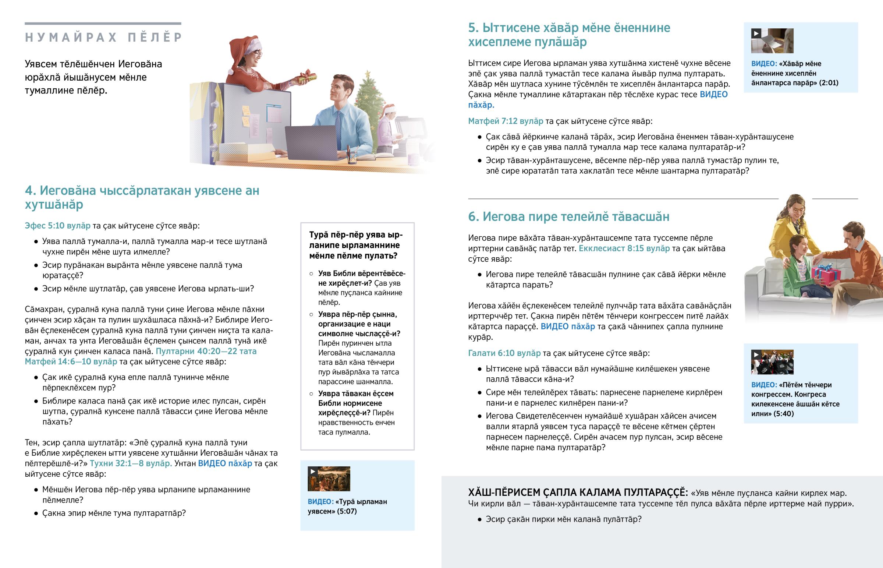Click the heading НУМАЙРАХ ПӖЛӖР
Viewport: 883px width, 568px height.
pyautogui.click(x=103, y=37)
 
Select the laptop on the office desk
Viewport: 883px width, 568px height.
pyautogui.click(x=310, y=142)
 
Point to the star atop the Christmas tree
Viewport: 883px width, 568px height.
pyautogui.click(x=368, y=74)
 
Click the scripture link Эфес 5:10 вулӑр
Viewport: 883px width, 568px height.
pyautogui.click(x=57, y=226)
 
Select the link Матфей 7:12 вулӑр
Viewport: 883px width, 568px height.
pyautogui.click(x=506, y=121)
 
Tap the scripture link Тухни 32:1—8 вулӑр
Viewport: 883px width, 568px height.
pyautogui.click(x=131, y=463)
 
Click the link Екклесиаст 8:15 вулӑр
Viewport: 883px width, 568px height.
pyautogui.click(x=624, y=248)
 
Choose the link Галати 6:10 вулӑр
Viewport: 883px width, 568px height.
pyautogui.click(x=504, y=353)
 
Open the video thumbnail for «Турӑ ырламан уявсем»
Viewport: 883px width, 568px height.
pyautogui.click(x=329, y=479)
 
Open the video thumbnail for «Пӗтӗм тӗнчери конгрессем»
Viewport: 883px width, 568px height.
pyautogui.click(x=772, y=362)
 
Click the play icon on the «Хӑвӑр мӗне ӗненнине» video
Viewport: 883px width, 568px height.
pyautogui.click(x=756, y=33)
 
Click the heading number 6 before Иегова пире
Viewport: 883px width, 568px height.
pyautogui.click(x=473, y=216)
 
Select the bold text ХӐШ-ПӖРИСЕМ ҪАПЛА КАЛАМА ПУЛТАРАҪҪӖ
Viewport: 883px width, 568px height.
pyautogui.click(x=578, y=493)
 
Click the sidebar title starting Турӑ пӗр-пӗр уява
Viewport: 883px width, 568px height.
pyautogui.click(x=356, y=245)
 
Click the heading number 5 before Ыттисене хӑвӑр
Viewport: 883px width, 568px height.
pyautogui.click(x=473, y=28)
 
